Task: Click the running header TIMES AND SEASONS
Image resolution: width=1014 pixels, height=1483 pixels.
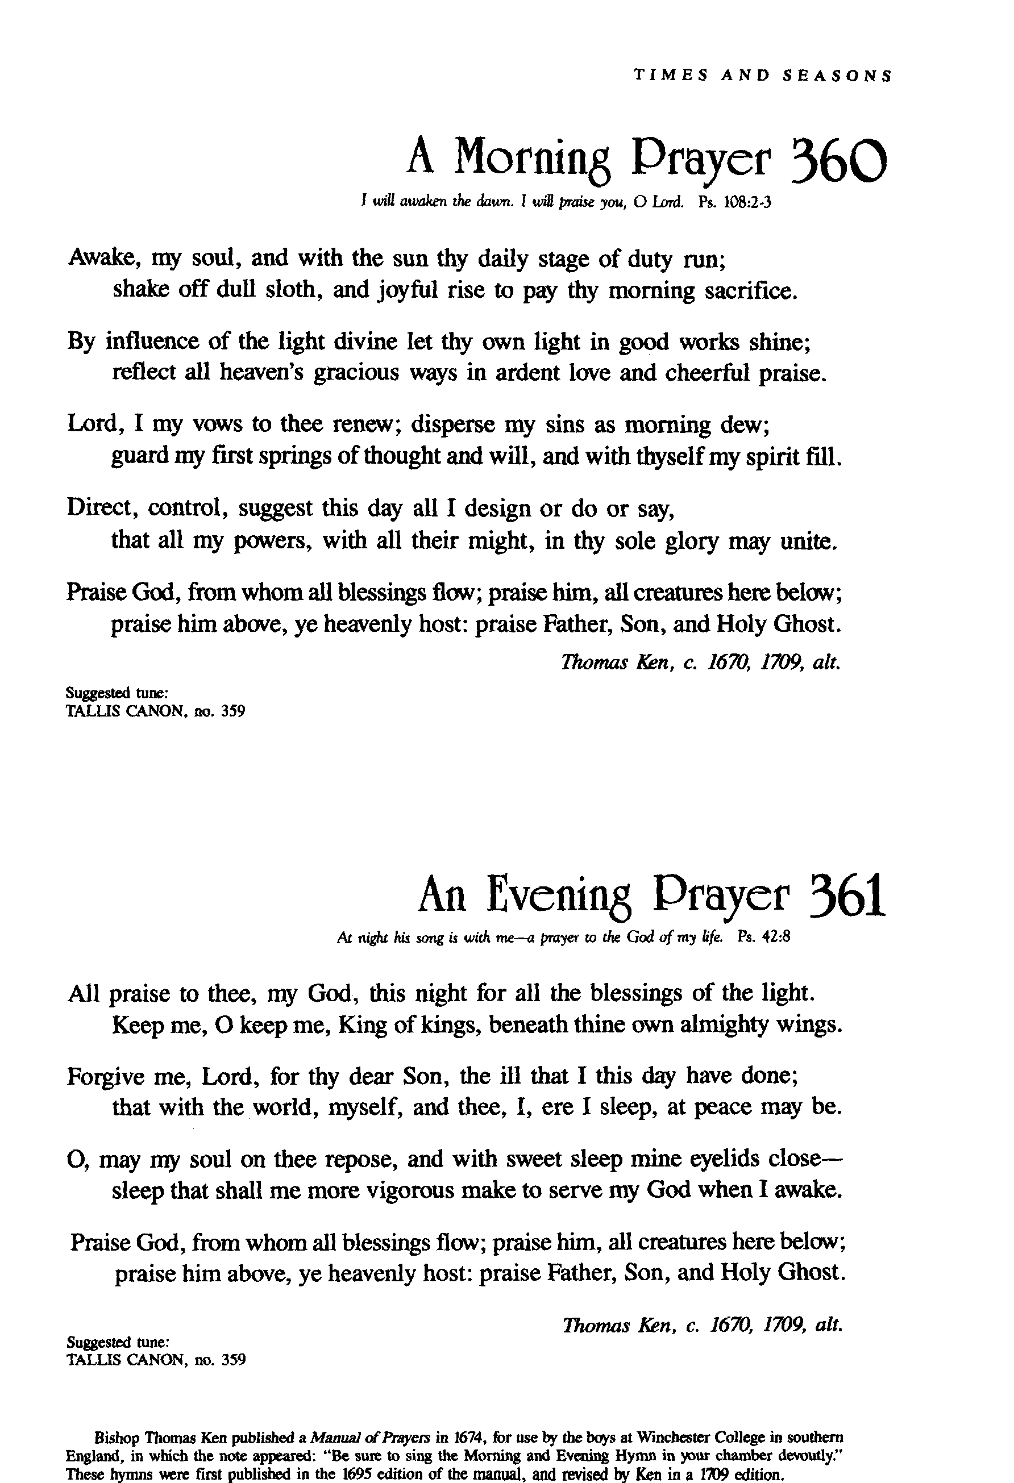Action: coord(763,76)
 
